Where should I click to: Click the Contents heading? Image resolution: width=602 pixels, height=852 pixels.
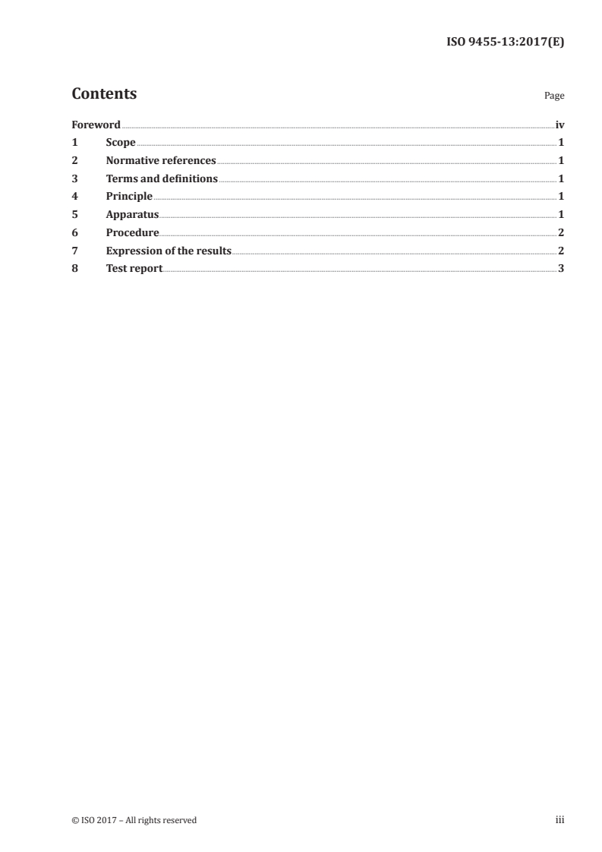[x=104, y=94]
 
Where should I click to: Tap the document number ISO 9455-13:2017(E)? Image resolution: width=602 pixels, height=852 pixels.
[x=504, y=43]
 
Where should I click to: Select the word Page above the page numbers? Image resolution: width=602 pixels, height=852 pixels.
[x=554, y=96]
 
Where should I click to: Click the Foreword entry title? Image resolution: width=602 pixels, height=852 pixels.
[x=96, y=125]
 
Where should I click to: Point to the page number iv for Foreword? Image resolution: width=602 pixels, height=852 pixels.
[x=559, y=125]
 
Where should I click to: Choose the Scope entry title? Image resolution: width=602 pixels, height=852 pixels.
[x=121, y=143]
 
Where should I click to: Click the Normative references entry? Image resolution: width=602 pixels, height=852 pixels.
[x=161, y=161]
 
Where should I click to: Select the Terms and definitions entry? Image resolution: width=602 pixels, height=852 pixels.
[x=162, y=179]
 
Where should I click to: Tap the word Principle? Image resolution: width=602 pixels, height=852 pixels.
[x=129, y=197]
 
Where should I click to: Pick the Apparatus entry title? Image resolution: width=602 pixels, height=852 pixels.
[x=132, y=215]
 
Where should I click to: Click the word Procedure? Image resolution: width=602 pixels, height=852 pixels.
[x=132, y=233]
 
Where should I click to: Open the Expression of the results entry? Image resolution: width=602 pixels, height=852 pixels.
[x=169, y=251]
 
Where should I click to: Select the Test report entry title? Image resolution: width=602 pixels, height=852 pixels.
[x=134, y=269]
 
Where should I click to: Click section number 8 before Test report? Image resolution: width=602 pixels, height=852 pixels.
[x=74, y=269]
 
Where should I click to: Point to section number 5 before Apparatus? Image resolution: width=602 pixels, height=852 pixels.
[x=74, y=215]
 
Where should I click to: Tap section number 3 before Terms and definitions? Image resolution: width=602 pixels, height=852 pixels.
[x=74, y=179]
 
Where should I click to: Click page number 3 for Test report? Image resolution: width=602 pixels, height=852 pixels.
[x=561, y=269]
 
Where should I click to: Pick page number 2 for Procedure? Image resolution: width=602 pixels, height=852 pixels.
[x=561, y=233]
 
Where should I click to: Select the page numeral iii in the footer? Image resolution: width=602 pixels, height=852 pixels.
[x=560, y=820]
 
